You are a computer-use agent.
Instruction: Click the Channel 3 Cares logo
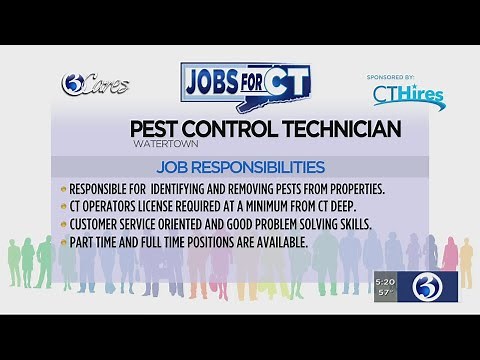(96, 85)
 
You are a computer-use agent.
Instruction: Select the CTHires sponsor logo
(408, 94)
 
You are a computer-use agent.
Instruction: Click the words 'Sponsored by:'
(409, 74)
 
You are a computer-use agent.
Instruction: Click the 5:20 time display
(386, 281)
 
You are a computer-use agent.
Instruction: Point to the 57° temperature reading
(386, 293)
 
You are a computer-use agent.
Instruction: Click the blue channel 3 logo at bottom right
(429, 286)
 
